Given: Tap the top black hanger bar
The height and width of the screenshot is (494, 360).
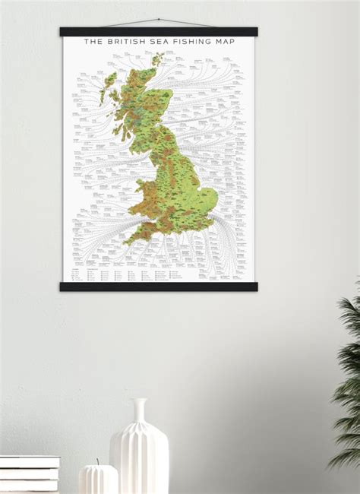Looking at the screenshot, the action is [x=158, y=32].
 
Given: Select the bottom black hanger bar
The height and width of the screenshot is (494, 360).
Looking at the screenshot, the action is [x=158, y=286].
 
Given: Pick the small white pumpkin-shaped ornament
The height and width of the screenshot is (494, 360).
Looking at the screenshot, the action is [x=98, y=479].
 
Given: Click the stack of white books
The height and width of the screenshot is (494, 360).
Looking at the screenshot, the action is [x=29, y=473].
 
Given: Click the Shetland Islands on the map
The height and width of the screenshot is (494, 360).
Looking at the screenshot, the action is [x=158, y=59].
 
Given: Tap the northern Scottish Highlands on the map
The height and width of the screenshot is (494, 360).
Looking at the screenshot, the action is [x=141, y=87].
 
